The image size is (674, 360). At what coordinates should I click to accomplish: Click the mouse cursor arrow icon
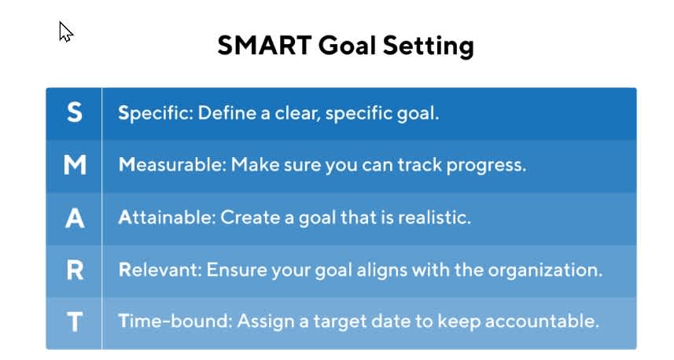pos(66,31)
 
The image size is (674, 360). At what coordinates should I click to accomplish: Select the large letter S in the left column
pos(74,113)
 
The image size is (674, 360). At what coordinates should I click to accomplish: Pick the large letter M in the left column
pos(74,166)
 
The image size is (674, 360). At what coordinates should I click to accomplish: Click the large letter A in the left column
pos(74,218)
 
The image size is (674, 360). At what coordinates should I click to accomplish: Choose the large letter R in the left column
pos(74,270)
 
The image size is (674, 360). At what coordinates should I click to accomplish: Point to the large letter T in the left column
pos(74,322)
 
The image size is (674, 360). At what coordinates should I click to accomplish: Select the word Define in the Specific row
pos(223,113)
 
